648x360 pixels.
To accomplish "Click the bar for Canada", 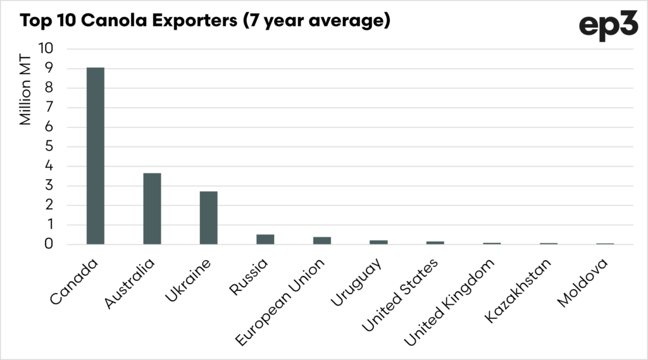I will click(x=95, y=156).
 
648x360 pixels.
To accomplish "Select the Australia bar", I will click(x=152, y=209).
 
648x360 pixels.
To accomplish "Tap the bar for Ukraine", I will click(x=208, y=218).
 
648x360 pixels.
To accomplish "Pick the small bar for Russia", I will click(x=265, y=239).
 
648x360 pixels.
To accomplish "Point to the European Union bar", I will click(x=321, y=240).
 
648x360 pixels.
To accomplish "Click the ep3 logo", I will click(x=607, y=27).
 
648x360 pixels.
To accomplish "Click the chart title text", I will click(x=204, y=22).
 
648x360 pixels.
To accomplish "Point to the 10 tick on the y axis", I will click(x=47, y=49).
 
